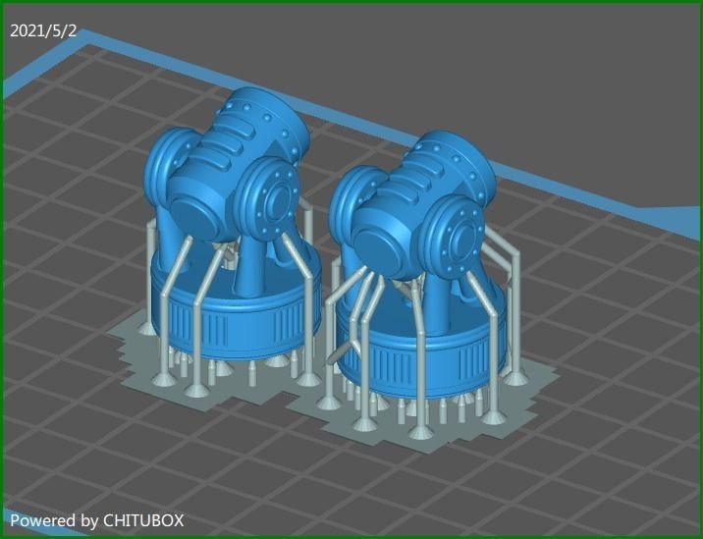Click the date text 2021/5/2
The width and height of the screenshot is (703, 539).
(43, 30)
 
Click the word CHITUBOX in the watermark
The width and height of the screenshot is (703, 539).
(143, 520)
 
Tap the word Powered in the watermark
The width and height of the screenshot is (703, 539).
(40, 520)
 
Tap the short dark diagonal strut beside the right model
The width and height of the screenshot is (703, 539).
(341, 352)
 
